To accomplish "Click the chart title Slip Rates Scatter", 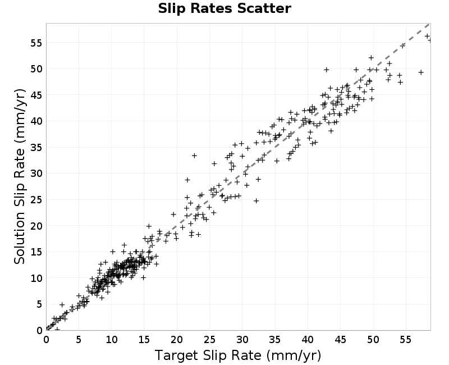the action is coord(224,8).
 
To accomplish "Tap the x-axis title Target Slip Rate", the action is coord(208,355).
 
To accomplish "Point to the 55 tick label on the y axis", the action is coord(36,43).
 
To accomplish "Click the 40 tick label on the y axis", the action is coord(36,121).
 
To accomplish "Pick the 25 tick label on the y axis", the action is coord(36,200).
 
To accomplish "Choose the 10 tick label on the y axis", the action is coord(36,278).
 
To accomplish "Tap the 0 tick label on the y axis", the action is coord(39,330).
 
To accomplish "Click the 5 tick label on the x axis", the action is coord(79,340).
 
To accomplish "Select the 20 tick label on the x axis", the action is coord(177,340).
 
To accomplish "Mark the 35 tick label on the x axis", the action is coord(275,340).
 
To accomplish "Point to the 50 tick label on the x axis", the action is coord(373,340).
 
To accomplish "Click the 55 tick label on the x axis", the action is coord(406,340).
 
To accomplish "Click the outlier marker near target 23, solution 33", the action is coord(194,156).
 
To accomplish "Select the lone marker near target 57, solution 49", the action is coord(421,72).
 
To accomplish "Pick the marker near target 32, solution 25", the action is coord(256,201).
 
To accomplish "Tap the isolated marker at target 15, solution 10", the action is coord(144,277).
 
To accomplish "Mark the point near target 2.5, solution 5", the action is coord(62,305).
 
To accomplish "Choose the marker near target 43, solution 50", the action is coord(326,70).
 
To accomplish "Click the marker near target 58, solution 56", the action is coord(427,36).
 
